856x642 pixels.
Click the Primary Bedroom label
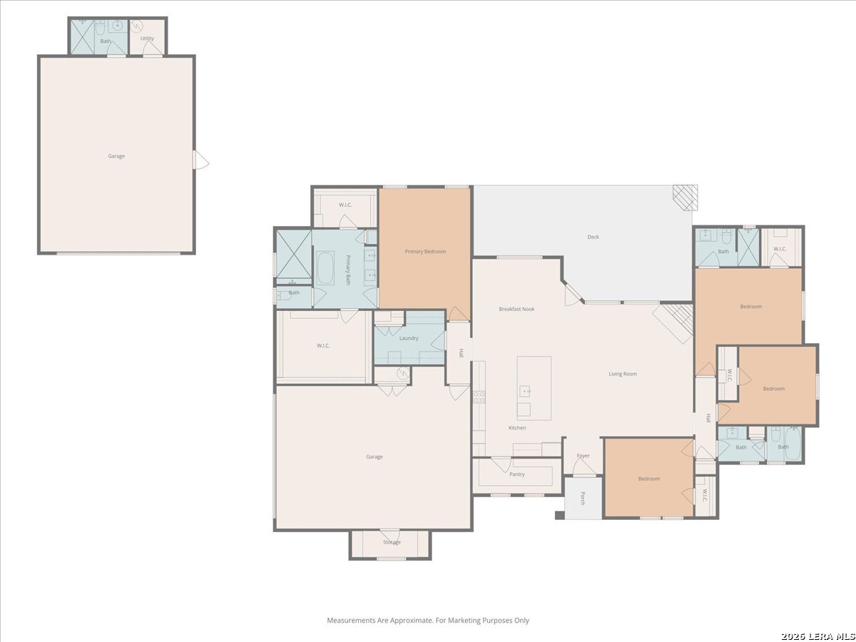tap(425, 252)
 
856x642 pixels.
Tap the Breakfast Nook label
tap(516, 309)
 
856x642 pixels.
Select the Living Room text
tap(622, 374)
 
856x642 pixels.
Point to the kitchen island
tap(534, 388)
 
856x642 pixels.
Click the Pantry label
tap(517, 474)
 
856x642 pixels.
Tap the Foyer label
tap(584, 456)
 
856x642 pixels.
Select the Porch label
tap(583, 499)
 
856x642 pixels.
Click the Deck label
tap(593, 237)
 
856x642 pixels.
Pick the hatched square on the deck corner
tap(686, 198)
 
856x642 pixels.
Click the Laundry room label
tap(409, 338)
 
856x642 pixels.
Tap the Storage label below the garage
tap(392, 542)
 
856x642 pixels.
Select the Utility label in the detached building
tap(147, 39)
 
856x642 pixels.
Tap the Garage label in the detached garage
tap(116, 156)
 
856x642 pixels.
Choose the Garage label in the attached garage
tap(374, 457)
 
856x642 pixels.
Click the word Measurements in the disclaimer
tap(351, 621)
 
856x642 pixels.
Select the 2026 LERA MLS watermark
tap(817, 636)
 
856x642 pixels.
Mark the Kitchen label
tap(517, 428)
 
